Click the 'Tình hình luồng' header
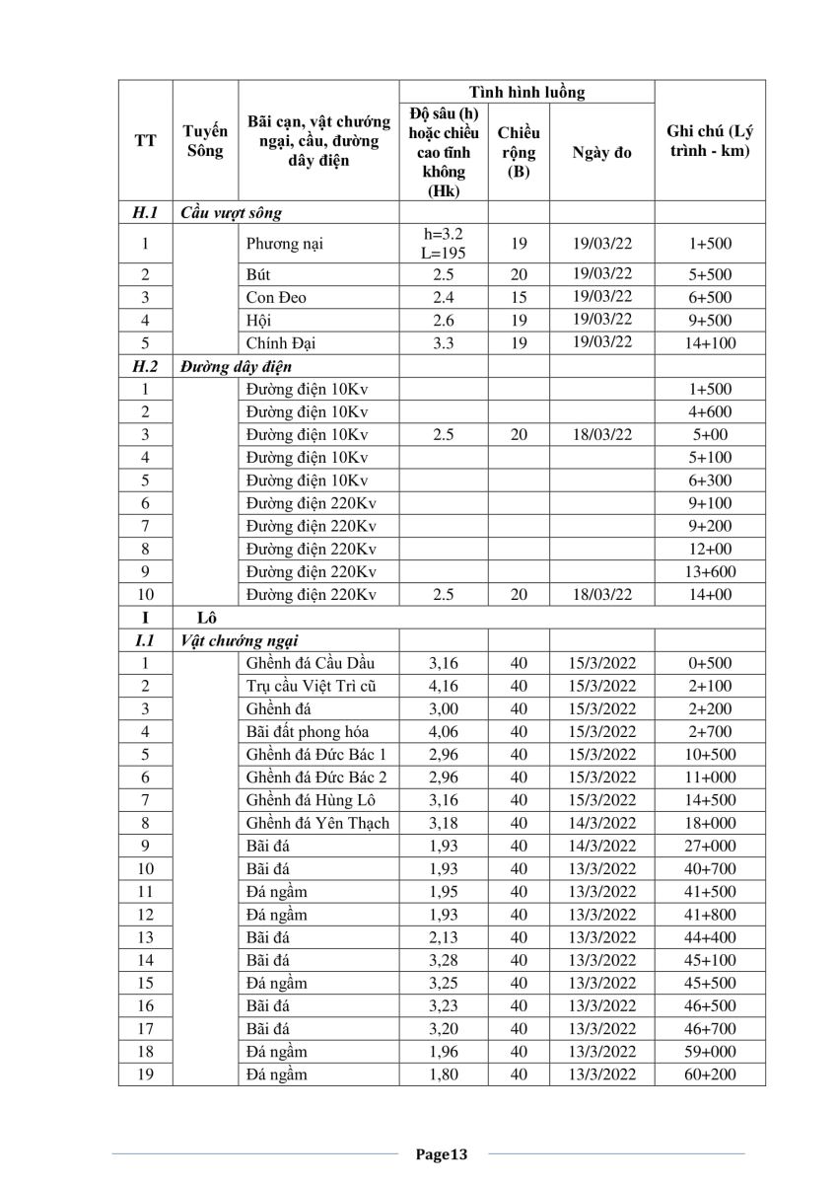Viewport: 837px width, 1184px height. [526, 92]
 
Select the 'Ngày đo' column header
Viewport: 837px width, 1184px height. [601, 153]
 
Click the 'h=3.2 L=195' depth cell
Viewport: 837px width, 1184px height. [443, 244]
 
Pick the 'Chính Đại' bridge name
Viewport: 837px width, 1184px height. [284, 343]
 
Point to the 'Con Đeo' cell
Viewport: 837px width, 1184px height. [276, 298]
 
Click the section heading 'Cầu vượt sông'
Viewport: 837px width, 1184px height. [231, 212]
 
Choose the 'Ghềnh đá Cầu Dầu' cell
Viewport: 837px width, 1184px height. [311, 663]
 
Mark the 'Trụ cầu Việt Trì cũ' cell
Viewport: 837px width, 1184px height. [311, 686]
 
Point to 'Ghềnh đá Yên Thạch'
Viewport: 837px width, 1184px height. [317, 823]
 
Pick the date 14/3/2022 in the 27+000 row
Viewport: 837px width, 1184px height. [601, 846]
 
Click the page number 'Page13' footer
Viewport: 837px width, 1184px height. [440, 1153]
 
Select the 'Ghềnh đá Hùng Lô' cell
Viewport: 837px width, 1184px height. [311, 800]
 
